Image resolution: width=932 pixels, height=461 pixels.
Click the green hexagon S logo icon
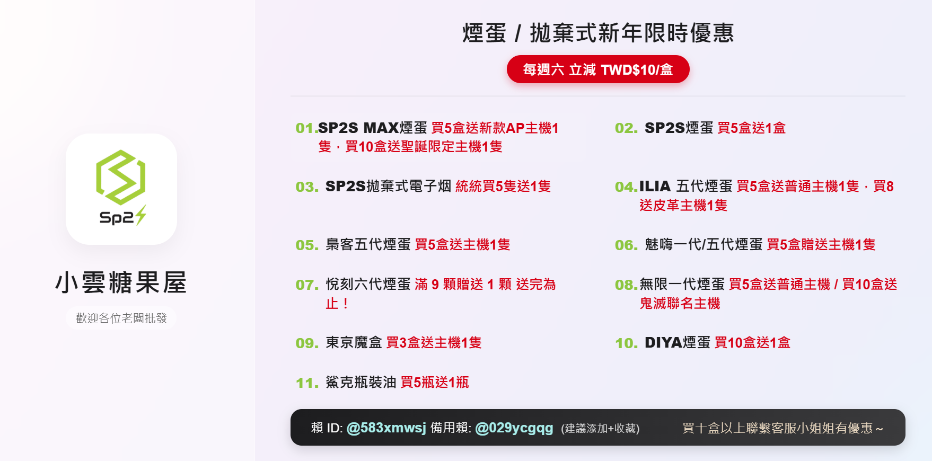[x=121, y=178]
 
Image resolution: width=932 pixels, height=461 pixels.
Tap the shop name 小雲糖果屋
[x=121, y=282]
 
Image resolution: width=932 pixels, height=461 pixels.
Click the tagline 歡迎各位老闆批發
[x=121, y=318]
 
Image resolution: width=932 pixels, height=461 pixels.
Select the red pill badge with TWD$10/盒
[x=598, y=69]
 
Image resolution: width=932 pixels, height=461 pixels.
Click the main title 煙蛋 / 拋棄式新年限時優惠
[x=598, y=33]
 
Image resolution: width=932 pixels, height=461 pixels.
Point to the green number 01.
[x=306, y=128]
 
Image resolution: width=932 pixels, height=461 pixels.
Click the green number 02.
[x=626, y=128]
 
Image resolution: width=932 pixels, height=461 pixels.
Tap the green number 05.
[x=307, y=245]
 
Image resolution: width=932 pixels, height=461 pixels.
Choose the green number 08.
[x=626, y=285]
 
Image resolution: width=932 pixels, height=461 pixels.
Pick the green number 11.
[x=307, y=383]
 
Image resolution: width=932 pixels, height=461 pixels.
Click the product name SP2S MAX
[x=358, y=128]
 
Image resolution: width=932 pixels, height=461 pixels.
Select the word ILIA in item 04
[x=655, y=187]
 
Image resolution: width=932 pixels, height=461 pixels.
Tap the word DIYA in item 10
[x=663, y=343]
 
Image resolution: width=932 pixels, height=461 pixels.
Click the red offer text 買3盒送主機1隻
[x=434, y=343]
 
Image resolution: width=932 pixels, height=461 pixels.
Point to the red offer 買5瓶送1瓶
[x=435, y=383]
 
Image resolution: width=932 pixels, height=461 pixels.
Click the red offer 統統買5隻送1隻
[x=503, y=187]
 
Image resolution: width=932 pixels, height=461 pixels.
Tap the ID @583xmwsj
[x=386, y=428]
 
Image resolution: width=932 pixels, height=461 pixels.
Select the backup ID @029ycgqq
[x=514, y=428]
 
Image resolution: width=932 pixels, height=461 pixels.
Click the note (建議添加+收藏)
[x=600, y=428]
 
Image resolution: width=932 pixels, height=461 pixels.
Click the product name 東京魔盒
[x=354, y=343]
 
